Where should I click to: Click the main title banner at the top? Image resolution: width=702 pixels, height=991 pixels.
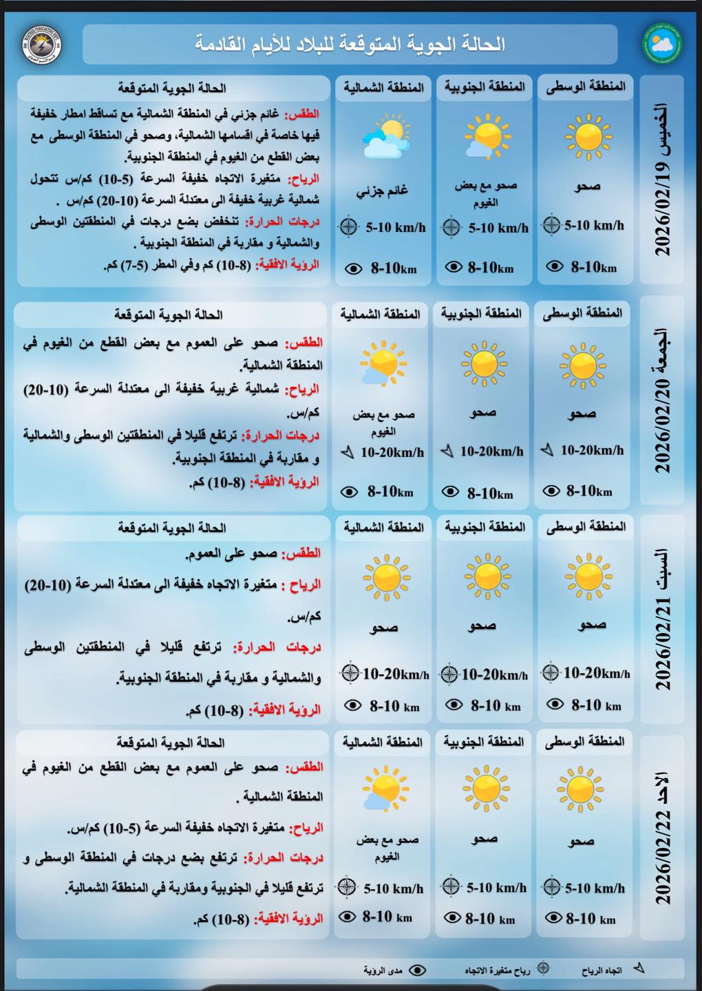[350, 45]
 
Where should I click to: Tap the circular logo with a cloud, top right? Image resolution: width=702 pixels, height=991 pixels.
[662, 43]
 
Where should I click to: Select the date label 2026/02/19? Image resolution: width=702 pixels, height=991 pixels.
[662, 180]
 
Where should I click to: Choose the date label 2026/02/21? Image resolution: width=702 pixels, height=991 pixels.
[662, 619]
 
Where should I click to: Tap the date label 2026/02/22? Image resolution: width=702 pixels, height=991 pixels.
[662, 838]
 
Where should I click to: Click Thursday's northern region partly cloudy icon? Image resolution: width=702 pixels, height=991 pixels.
[384, 138]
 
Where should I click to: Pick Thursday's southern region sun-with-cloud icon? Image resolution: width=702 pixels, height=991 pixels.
[486, 137]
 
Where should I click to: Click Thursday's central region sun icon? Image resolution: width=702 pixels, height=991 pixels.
[587, 136]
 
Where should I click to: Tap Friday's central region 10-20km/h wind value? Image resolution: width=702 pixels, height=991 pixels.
[592, 450]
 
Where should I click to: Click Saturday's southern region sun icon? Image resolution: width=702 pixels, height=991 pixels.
[487, 576]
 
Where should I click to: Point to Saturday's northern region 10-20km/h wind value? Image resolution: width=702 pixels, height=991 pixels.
[395, 674]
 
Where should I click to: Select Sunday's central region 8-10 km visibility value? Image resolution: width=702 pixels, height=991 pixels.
[591, 918]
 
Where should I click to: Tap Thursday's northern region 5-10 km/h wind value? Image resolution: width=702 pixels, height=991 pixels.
[395, 226]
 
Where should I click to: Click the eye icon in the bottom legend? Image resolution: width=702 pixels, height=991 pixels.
[417, 970]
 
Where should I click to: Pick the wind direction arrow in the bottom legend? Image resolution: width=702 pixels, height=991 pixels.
[639, 968]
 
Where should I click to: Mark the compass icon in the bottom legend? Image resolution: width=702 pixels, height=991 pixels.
[543, 968]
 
